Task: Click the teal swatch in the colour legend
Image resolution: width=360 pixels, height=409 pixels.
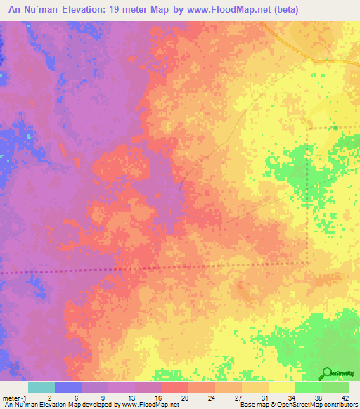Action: tap(41, 387)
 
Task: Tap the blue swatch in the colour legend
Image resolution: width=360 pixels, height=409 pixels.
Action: tap(67, 387)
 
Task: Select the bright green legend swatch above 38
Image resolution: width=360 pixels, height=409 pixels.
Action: tap(308, 387)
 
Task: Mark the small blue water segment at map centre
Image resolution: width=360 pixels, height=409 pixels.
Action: tap(182, 185)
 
